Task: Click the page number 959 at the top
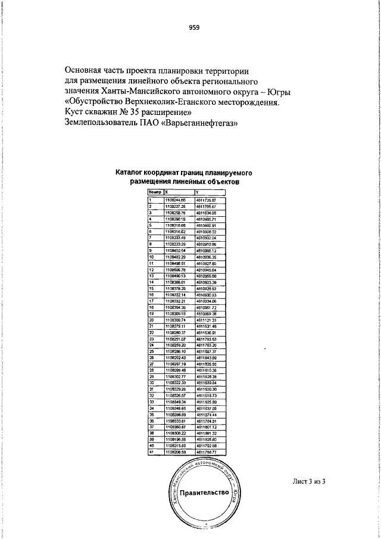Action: pos(194,27)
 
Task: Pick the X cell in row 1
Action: pos(175,200)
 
